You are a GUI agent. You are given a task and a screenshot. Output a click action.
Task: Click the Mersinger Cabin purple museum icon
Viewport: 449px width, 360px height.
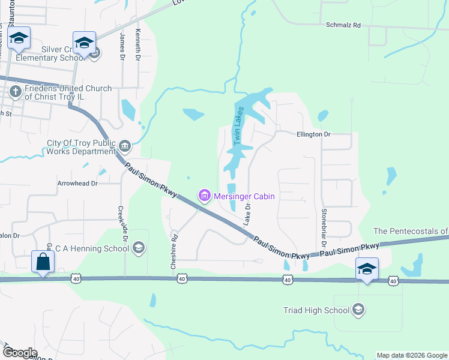point(204,195)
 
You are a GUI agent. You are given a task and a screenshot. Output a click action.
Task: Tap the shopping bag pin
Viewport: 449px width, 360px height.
point(44,262)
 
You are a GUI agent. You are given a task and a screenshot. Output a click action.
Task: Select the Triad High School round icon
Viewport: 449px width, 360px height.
point(358,310)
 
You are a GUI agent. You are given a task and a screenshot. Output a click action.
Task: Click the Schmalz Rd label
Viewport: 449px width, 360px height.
point(343,26)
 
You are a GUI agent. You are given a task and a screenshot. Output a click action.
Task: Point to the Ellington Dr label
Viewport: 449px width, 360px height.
point(313,134)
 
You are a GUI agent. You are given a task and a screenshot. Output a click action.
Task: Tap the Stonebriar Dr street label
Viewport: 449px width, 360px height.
point(324,227)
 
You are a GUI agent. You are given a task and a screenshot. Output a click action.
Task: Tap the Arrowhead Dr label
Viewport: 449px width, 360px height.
point(77,183)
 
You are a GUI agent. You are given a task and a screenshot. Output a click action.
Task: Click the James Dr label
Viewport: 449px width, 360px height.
point(122,47)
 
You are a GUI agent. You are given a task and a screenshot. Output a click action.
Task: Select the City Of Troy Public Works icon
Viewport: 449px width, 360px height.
point(125,145)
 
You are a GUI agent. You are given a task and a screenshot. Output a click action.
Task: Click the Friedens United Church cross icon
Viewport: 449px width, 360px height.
point(16,92)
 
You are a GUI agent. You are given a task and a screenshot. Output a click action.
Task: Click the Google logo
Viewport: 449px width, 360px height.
point(20,353)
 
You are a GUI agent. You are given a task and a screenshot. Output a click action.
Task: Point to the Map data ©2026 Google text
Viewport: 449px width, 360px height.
point(411,355)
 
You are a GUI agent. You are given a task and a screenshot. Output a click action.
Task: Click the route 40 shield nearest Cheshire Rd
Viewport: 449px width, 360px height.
point(181,279)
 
